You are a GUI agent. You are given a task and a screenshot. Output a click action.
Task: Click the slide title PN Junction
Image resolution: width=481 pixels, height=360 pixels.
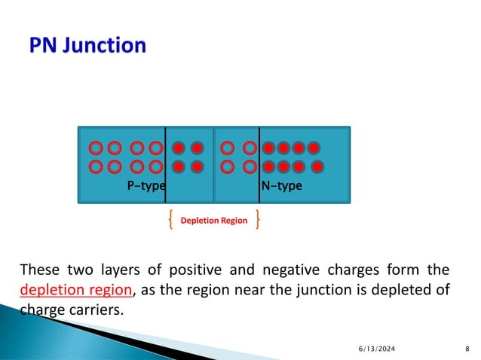coord(87,46)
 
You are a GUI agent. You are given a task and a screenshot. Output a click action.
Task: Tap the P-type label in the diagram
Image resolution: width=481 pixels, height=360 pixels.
coord(146,186)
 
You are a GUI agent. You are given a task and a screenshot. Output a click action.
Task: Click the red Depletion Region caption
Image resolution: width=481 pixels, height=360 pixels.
coord(213,221)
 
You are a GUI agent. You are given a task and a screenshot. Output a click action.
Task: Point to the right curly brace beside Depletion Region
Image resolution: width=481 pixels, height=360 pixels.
coord(259,221)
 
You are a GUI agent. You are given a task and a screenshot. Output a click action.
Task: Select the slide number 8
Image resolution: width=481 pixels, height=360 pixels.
coord(467,347)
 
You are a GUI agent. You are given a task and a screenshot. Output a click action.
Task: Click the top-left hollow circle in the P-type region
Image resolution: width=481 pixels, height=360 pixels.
coord(96,148)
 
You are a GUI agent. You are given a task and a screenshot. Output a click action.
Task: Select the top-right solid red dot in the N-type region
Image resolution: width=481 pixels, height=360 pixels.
coord(314,148)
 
